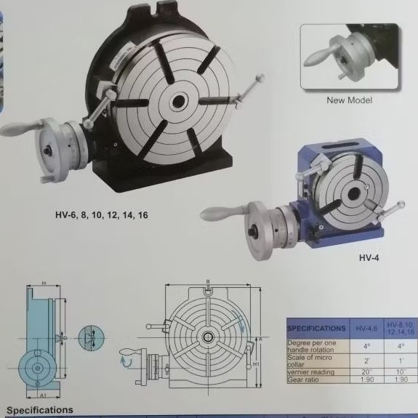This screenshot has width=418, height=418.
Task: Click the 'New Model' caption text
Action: point(350,100)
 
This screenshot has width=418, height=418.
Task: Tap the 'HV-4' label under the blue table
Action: point(369,257)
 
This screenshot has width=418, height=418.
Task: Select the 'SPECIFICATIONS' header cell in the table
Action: point(316,329)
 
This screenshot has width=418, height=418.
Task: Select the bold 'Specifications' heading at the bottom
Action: point(40,411)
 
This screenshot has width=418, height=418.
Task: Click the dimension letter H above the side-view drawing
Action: point(44,282)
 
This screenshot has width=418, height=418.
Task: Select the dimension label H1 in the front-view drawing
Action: point(256,363)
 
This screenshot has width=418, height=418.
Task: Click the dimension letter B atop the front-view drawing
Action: point(207,281)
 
